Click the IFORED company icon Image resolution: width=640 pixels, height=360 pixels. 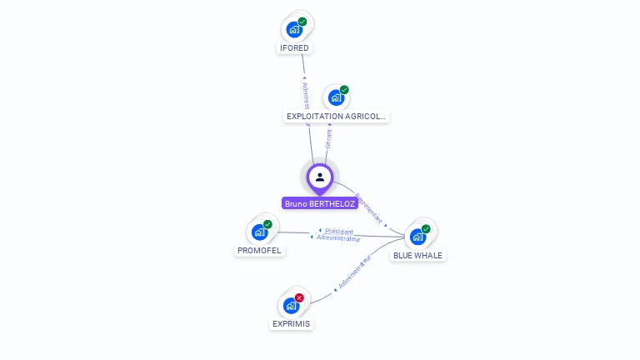(293, 30)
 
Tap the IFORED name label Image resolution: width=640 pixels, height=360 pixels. (293, 48)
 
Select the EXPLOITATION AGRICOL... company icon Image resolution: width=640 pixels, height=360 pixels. (335, 98)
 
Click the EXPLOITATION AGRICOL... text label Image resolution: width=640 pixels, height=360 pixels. (336, 117)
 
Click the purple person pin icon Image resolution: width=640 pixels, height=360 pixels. (320, 177)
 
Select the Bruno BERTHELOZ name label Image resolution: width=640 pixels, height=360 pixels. (320, 203)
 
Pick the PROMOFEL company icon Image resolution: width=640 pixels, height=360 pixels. (259, 232)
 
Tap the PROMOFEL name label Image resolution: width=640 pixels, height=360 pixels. (259, 251)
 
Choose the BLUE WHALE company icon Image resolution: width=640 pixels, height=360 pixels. (417, 237)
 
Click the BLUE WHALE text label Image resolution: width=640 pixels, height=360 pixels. (417, 256)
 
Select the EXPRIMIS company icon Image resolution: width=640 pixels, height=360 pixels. (291, 306)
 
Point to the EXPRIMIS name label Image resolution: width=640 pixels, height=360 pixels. (292, 324)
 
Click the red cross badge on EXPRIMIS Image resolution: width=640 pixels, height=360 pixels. (299, 297)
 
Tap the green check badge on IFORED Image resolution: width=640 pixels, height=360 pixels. (302, 22)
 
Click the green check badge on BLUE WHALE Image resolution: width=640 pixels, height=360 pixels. (426, 228)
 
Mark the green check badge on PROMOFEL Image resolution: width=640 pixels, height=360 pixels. (267, 223)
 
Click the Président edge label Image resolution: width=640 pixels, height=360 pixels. (339, 231)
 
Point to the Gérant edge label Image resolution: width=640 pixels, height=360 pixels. (328, 138)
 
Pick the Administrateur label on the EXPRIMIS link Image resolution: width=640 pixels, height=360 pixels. (354, 273)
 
